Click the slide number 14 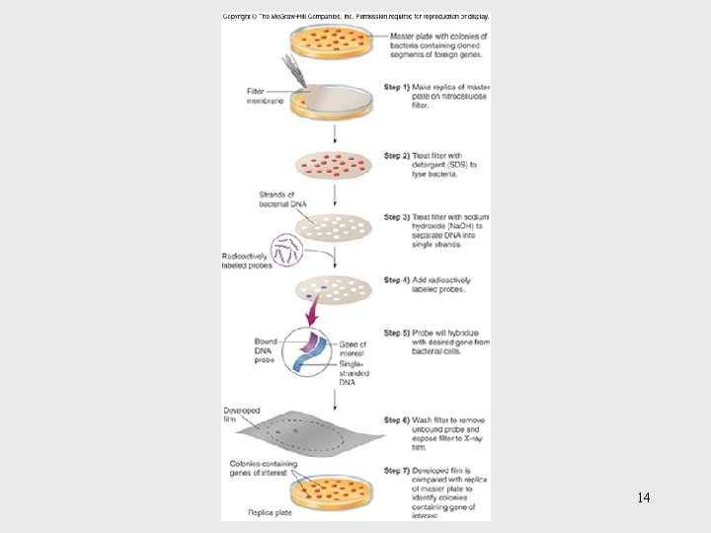click(x=643, y=497)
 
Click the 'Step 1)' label click(x=397, y=87)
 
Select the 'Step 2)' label click(x=397, y=156)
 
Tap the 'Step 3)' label click(x=397, y=217)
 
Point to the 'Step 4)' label click(x=397, y=280)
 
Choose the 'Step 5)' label click(x=397, y=334)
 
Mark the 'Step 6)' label click(x=397, y=420)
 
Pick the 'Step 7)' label click(x=397, y=471)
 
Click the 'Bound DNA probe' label click(x=265, y=350)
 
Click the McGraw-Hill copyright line click(x=355, y=17)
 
